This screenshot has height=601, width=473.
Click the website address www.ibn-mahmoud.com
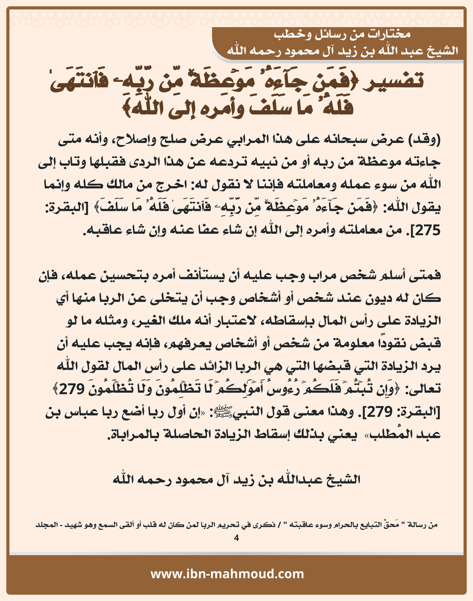[227, 574]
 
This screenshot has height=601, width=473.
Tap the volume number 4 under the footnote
[237, 538]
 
